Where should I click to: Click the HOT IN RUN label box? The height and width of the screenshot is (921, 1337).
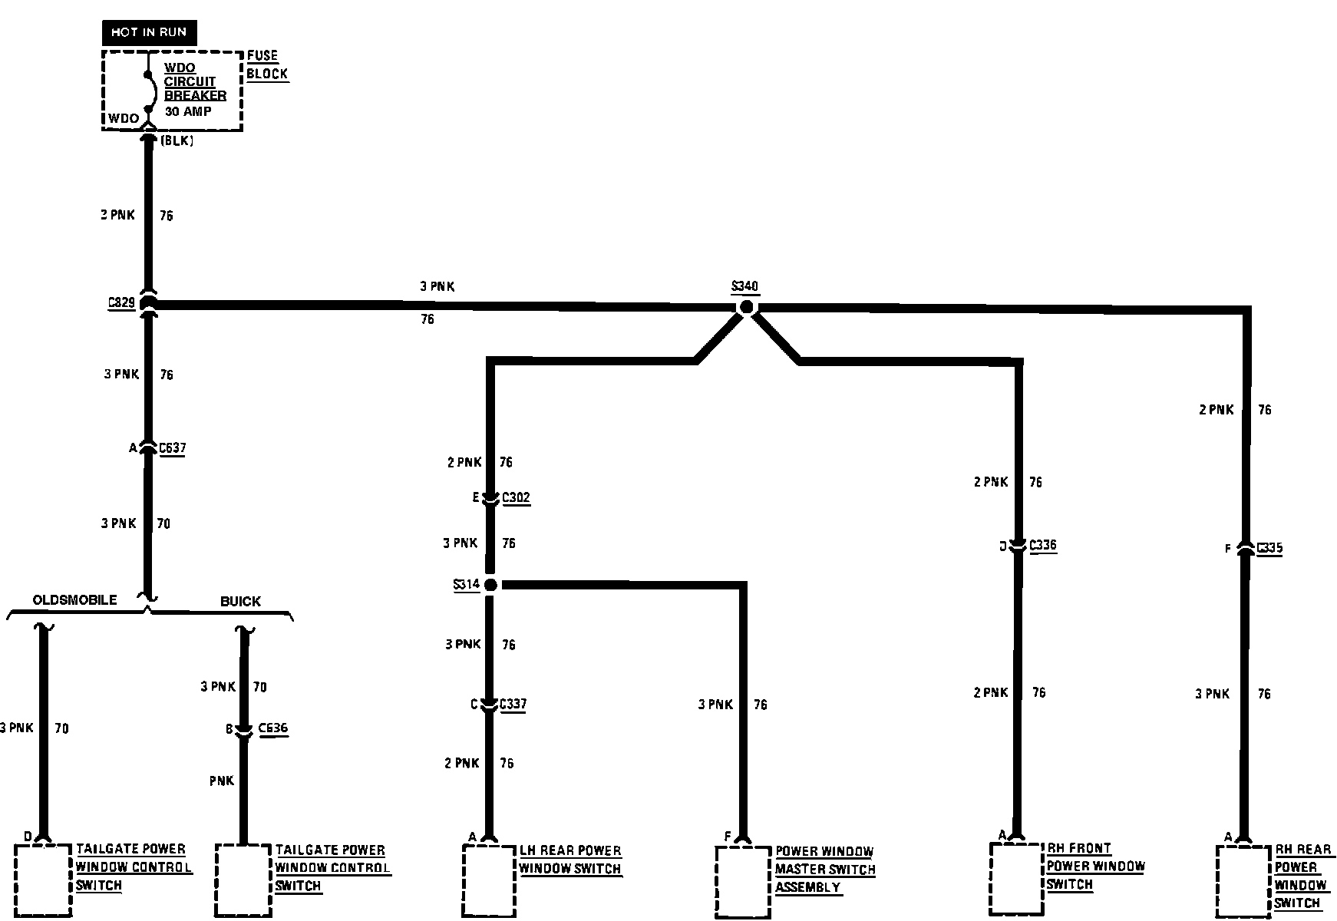[x=149, y=32]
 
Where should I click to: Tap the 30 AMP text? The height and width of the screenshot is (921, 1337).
[x=188, y=111]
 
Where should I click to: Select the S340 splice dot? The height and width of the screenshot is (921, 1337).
[x=746, y=307]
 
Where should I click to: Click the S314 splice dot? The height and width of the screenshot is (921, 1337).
[x=491, y=585]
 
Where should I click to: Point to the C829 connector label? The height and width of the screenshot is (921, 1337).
[x=121, y=302]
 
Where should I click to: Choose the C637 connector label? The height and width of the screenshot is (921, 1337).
[x=172, y=448]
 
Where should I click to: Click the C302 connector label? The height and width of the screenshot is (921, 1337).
[x=516, y=497]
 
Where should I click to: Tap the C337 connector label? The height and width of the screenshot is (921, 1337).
[x=513, y=704]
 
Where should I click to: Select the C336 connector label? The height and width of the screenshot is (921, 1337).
[x=1042, y=545]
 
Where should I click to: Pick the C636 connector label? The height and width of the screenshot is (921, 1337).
[x=273, y=728]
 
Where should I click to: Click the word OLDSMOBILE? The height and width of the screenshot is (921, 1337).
[x=74, y=599]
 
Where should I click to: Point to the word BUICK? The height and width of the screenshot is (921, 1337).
[x=240, y=601]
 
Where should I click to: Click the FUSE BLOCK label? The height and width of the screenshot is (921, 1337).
[x=266, y=65]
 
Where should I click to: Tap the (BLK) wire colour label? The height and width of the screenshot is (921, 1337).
[x=177, y=141]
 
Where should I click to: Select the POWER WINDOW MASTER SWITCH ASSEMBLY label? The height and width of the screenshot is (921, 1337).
[x=824, y=870]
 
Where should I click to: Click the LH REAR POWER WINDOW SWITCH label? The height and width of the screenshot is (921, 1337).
[x=569, y=860]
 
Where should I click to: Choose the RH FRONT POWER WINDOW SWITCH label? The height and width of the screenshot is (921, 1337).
[x=1095, y=867]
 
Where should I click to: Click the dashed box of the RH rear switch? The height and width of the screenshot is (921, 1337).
[x=1243, y=880]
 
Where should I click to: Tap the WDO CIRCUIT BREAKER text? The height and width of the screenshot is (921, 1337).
[x=195, y=81]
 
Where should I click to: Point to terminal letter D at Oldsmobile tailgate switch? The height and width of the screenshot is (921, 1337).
[x=28, y=836]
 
